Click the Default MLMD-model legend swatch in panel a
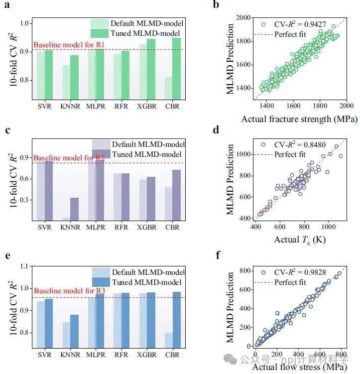pos(99,23)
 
